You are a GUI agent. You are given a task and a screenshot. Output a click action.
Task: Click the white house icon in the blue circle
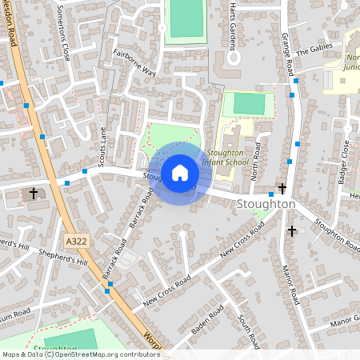pos(180,172)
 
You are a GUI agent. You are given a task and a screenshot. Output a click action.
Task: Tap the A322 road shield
pos(75,241)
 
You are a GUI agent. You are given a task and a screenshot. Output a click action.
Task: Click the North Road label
pos(257,159)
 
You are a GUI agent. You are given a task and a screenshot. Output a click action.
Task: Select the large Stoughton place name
pos(266,205)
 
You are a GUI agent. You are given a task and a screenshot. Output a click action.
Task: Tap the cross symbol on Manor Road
pos(291,230)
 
